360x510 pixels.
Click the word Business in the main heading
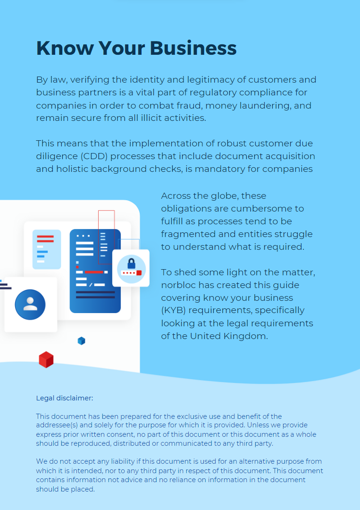[x=193, y=48]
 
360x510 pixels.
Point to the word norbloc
[x=179, y=285]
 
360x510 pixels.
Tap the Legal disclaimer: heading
[x=65, y=398]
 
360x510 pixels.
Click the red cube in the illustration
[x=46, y=360]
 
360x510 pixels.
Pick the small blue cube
[x=81, y=340]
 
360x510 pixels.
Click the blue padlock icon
[x=131, y=263]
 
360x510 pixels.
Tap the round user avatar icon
[x=30, y=305]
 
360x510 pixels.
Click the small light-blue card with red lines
[x=47, y=249]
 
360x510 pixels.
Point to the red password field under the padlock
[x=131, y=272]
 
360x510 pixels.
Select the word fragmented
[x=186, y=234]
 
